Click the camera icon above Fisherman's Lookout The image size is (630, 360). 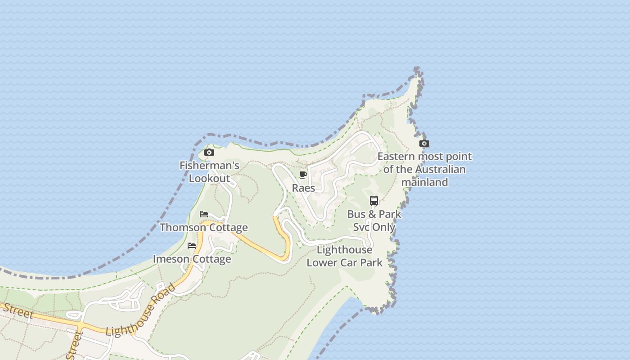tap(209, 153)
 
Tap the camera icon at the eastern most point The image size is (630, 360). tap(424, 144)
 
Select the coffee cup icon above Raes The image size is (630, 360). tap(303, 175)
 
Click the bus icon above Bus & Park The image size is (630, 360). tap(374, 201)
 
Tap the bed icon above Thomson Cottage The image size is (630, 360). tap(204, 214)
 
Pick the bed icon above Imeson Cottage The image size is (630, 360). tap(192, 246)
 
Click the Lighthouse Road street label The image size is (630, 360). tap(140, 310)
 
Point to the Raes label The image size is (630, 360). tap(304, 188)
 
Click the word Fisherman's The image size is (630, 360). tap(209, 166)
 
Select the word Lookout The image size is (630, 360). tap(209, 178)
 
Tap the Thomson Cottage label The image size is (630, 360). tap(204, 227)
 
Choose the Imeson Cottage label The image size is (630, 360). tap(192, 259)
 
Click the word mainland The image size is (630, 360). tap(424, 182)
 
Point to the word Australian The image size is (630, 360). tap(440, 170)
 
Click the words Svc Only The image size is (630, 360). tap(374, 227)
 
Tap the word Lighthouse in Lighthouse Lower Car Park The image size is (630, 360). tap(345, 250)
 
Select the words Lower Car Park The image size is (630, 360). tap(345, 262)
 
